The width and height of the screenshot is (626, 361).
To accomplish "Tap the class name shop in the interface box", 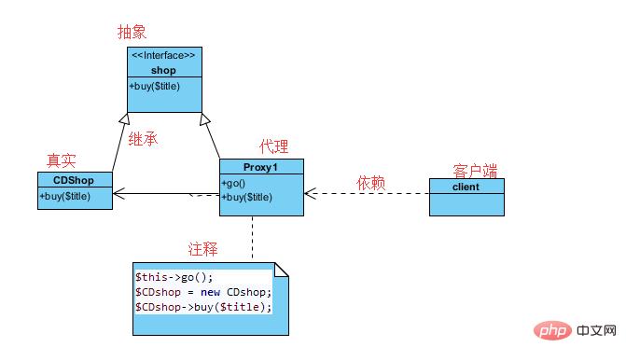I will [x=164, y=70].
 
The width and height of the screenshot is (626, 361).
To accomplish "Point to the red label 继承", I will [x=142, y=140].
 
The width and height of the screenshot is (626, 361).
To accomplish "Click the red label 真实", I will [x=62, y=161].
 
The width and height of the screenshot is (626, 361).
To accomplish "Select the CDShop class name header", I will [x=75, y=180].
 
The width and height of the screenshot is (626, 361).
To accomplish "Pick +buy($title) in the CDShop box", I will [x=67, y=196].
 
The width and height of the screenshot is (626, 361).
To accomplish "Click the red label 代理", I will [x=273, y=146].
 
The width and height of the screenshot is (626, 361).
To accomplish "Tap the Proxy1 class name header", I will [x=261, y=167].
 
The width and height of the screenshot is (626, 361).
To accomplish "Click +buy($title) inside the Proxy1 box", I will [x=248, y=197].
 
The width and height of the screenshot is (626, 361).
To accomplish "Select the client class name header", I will [x=466, y=186].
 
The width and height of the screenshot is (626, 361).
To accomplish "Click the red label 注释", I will [x=202, y=249].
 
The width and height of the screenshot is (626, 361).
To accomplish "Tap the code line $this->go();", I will [x=174, y=277].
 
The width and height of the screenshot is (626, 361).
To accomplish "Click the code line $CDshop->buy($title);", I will [x=203, y=307].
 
